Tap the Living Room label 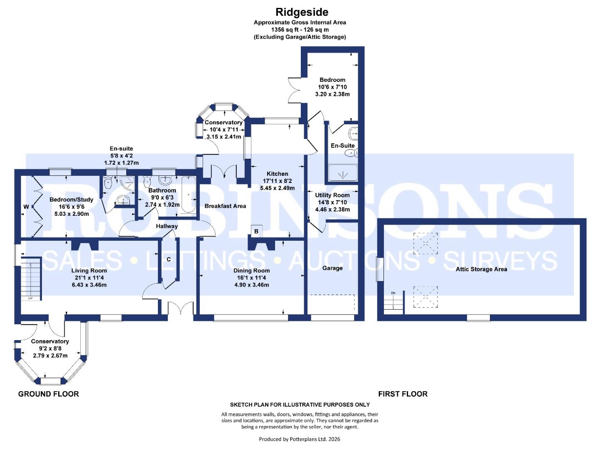pos(89,270)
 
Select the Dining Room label pos(251,270)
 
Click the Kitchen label pos(277,174)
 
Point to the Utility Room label pos(332,195)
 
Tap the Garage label pos(332,268)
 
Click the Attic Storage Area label pos(481,269)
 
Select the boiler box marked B pos(256,231)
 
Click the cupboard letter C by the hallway pos(169,259)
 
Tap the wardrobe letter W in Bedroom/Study pos(26,207)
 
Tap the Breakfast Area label pos(225,206)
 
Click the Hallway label pos(167,226)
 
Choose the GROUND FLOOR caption pos(48,394)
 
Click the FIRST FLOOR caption pos(402,394)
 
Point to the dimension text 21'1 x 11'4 pos(89,278)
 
